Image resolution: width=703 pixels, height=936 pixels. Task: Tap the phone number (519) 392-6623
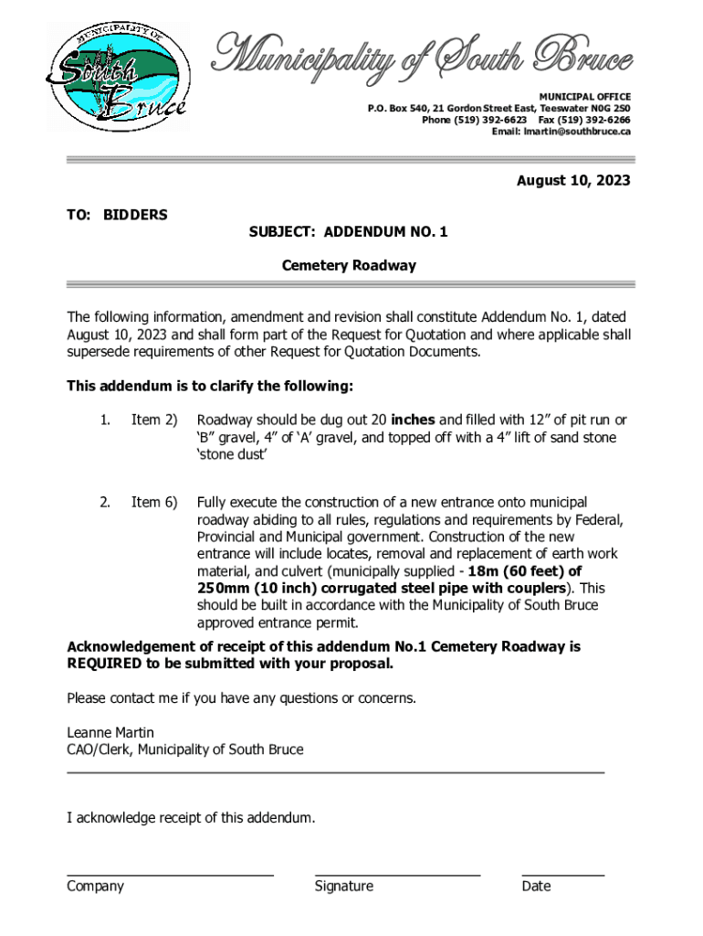[474, 120]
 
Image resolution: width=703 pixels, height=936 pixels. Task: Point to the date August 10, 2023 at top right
[573, 181]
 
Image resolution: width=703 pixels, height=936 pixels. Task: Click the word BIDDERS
[135, 215]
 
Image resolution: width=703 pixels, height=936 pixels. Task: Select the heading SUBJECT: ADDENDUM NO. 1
[348, 232]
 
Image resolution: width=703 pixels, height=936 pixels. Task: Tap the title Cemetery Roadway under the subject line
[348, 266]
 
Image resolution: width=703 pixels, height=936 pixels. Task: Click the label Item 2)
[154, 420]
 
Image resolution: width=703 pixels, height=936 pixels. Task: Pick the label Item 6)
[154, 503]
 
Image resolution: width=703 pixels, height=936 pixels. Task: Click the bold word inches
[414, 420]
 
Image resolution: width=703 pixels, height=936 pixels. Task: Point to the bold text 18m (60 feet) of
[524, 571]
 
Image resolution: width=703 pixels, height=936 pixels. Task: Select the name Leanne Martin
[110, 733]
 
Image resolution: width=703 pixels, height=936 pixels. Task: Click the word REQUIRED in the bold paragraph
[105, 664]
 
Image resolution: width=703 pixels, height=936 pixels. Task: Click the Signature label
[343, 886]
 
